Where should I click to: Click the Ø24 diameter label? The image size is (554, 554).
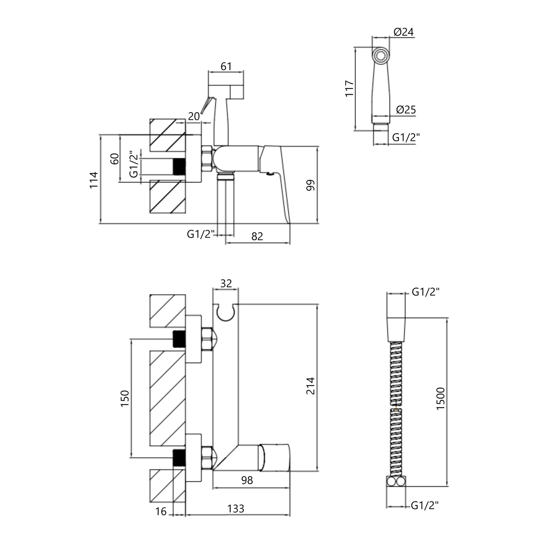pyautogui.click(x=404, y=32)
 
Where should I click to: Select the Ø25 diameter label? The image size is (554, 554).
pyautogui.click(x=406, y=110)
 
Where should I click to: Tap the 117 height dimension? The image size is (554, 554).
pyautogui.click(x=349, y=88)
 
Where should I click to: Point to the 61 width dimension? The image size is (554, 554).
pyautogui.click(x=226, y=66)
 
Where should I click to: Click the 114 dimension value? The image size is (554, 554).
pyautogui.click(x=94, y=180)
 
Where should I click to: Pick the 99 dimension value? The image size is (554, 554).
pyautogui.click(x=311, y=185)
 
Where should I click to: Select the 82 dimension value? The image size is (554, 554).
pyautogui.click(x=257, y=236)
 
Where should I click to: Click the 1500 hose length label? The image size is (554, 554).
pyautogui.click(x=440, y=399)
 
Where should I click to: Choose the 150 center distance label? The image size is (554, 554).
pyautogui.click(x=125, y=398)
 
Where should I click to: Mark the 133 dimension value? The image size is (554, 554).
pyautogui.click(x=236, y=509)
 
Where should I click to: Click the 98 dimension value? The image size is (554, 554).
pyautogui.click(x=247, y=480)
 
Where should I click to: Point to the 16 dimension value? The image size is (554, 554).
pyautogui.click(x=161, y=511)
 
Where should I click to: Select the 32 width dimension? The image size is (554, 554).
pyautogui.click(x=226, y=283)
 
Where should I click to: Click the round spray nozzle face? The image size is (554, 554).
pyautogui.click(x=381, y=55)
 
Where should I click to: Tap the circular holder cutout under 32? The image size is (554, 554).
pyautogui.click(x=226, y=312)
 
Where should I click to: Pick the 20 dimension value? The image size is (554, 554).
pyautogui.click(x=194, y=116)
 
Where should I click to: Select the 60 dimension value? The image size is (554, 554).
pyautogui.click(x=115, y=159)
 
